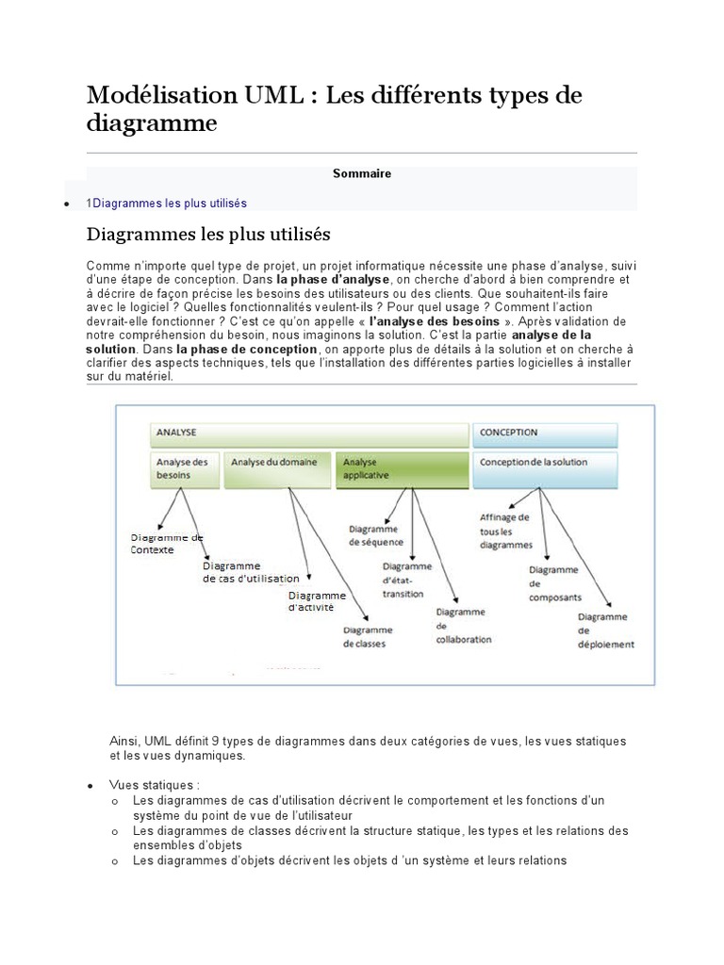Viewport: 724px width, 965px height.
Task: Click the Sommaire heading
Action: tap(361, 173)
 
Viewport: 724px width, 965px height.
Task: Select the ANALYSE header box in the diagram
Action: tap(309, 433)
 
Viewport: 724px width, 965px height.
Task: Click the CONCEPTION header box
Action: tap(545, 433)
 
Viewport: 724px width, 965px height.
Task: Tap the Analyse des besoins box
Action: tap(186, 468)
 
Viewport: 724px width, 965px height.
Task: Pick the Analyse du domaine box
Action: tap(279, 468)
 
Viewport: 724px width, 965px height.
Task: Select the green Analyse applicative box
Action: tap(402, 468)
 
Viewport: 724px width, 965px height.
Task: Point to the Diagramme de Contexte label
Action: tap(166, 543)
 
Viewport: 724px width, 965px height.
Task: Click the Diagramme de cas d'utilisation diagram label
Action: tap(251, 572)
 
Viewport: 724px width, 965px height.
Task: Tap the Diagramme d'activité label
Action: tap(317, 601)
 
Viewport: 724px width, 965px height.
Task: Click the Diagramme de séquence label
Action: tap(375, 535)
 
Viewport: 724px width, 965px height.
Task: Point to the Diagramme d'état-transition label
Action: tap(406, 581)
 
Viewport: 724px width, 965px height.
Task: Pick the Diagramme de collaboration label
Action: tap(463, 626)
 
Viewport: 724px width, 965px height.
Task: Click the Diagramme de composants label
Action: tap(555, 583)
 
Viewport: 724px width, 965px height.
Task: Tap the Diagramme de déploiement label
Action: tap(605, 630)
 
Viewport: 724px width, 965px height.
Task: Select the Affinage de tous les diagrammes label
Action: tap(506, 532)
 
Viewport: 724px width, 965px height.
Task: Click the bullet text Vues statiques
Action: tap(155, 785)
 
